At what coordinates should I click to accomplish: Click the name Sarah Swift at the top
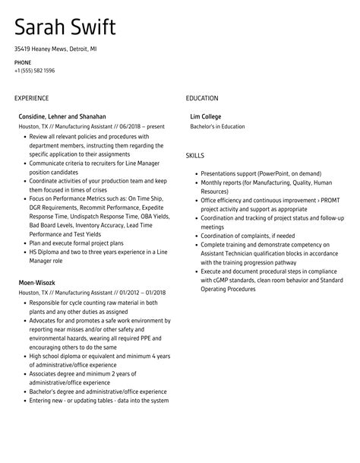65,28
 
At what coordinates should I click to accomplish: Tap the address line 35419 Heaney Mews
55,48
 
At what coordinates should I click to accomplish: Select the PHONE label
23,62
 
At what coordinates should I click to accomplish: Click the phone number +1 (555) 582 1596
34,70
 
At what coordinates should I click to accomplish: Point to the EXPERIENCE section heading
31,98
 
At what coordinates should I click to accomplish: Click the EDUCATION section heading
202,98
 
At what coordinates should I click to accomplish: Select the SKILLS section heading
195,155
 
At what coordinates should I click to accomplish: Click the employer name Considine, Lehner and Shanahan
62,116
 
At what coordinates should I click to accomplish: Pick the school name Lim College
207,116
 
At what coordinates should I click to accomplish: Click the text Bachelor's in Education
217,126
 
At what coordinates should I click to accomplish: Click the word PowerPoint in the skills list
273,174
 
